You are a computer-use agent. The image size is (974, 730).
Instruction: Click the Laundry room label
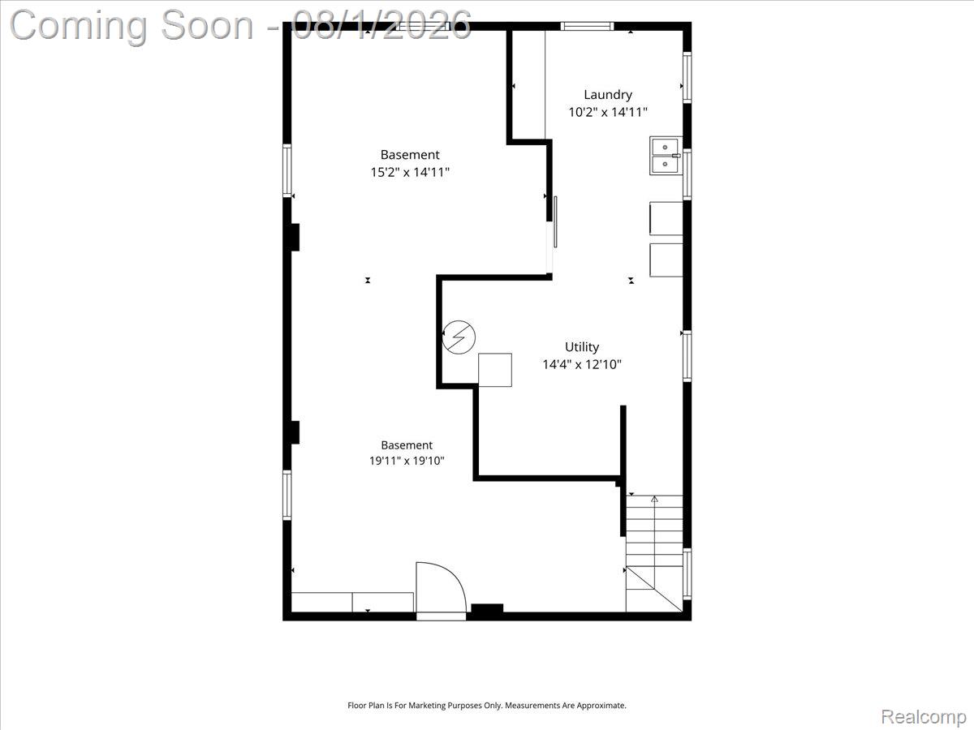(x=607, y=95)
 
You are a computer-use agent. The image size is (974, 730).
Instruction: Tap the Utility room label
(x=582, y=346)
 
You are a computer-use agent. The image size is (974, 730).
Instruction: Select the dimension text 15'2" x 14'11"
(x=410, y=172)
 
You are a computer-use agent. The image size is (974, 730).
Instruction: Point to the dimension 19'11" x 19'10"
(x=407, y=461)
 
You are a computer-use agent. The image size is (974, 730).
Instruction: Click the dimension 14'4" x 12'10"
(x=582, y=364)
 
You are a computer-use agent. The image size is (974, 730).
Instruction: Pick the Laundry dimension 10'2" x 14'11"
(x=608, y=112)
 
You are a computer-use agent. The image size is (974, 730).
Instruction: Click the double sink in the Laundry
(x=665, y=156)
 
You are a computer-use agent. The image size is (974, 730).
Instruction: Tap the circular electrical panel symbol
(x=459, y=337)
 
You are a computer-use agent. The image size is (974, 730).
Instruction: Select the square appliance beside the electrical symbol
(x=495, y=370)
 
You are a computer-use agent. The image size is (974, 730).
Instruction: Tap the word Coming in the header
(x=79, y=26)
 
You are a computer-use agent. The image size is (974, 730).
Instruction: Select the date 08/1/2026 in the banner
(x=381, y=25)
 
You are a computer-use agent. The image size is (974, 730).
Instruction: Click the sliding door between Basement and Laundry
(x=555, y=221)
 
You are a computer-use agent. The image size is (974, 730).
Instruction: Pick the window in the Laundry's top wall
(x=587, y=26)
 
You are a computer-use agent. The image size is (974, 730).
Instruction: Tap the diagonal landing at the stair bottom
(x=654, y=589)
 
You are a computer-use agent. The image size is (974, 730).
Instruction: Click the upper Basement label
(x=410, y=155)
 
